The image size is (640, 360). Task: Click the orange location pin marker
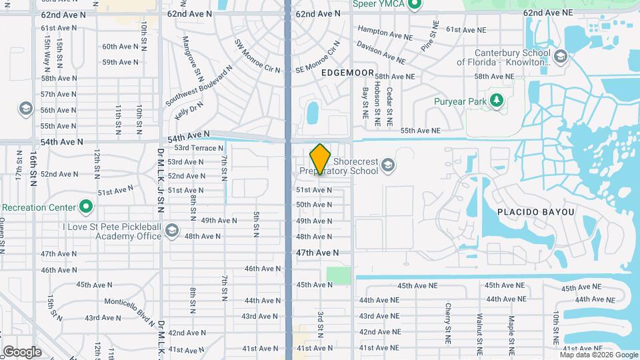[320, 159]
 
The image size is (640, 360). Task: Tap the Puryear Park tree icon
[495, 101]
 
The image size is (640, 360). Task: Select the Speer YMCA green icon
[415, 6]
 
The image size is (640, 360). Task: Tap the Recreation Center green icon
[86, 207]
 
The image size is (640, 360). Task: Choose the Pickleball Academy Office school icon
[171, 231]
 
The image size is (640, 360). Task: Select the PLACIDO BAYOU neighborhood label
[535, 212]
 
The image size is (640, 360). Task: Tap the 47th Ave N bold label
[317, 253]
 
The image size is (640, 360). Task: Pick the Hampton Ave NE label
[387, 30]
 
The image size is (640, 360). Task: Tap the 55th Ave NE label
[421, 131]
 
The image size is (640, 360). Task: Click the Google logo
[22, 352]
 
